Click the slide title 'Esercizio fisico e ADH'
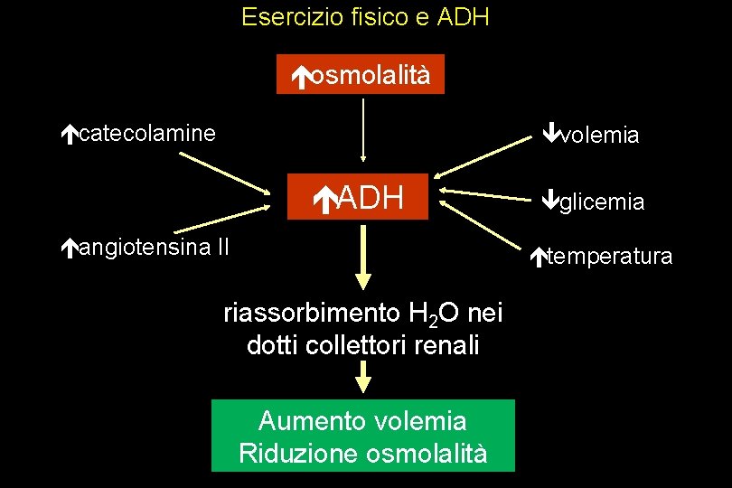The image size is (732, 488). pyautogui.click(x=365, y=17)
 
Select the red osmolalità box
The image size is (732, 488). pyautogui.click(x=361, y=76)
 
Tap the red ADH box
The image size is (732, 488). pyautogui.click(x=361, y=196)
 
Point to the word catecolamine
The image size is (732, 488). pyautogui.click(x=147, y=135)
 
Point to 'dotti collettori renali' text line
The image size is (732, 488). pyautogui.click(x=362, y=345)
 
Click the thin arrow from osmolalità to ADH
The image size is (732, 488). pyautogui.click(x=362, y=128)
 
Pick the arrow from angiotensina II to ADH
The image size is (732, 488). pyautogui.click(x=226, y=218)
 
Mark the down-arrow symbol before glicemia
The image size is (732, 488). pyautogui.click(x=550, y=201)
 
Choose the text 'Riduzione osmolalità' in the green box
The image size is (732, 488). pyautogui.click(x=362, y=453)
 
